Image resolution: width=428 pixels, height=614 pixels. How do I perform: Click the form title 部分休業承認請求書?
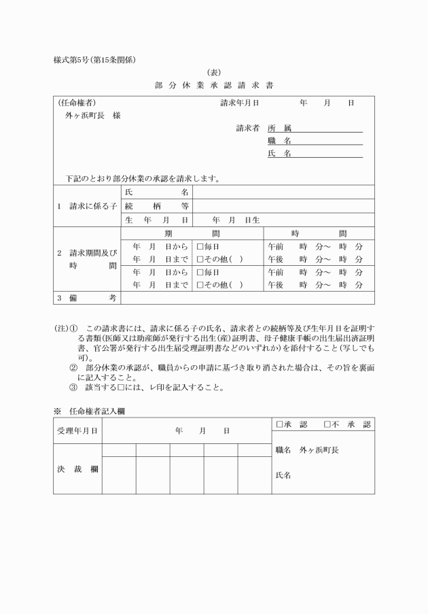214,86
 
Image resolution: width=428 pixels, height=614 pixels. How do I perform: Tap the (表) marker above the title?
214,72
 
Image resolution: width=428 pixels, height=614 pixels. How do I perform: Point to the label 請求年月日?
239,103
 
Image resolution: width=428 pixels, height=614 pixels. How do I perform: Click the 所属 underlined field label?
279,128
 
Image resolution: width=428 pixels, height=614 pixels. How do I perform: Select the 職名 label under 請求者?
279,141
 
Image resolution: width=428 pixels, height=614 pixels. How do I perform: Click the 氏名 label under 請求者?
279,154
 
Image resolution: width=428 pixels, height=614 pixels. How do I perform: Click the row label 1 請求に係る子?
87,206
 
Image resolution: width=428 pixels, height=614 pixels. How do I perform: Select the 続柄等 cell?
156,206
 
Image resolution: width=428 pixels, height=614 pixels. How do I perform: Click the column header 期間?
192,233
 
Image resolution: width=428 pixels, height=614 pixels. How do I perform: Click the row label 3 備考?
87,298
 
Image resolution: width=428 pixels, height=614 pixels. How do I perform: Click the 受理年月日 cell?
77,430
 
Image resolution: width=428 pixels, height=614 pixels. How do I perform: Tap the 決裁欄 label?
77,468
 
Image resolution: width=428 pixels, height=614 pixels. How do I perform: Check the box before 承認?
279,424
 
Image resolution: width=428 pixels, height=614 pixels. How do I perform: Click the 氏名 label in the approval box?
283,475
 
